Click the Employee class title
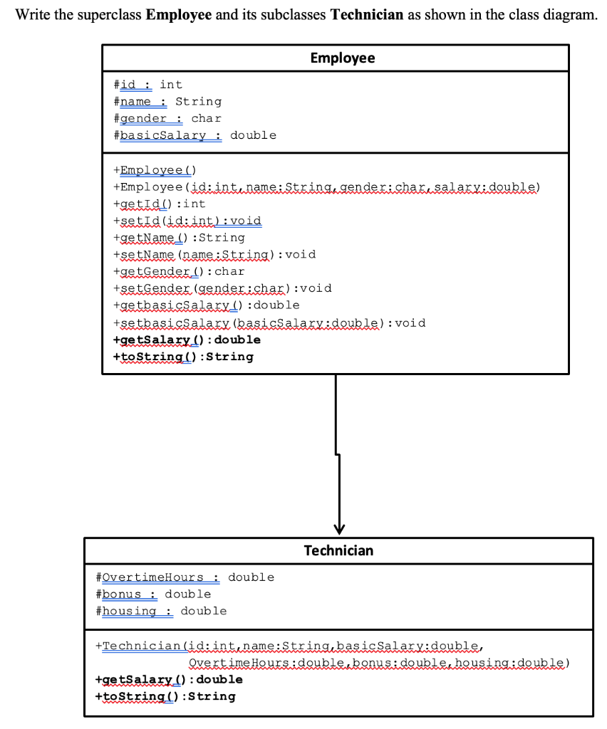tap(343, 58)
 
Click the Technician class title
tap(338, 550)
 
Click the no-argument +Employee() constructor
tap(155, 170)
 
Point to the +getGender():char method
tap(179, 271)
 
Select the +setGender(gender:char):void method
tap(222, 288)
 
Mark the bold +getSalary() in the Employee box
tap(187, 340)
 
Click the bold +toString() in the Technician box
tap(165, 696)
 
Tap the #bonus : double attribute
tap(153, 594)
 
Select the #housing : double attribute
tap(161, 611)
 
